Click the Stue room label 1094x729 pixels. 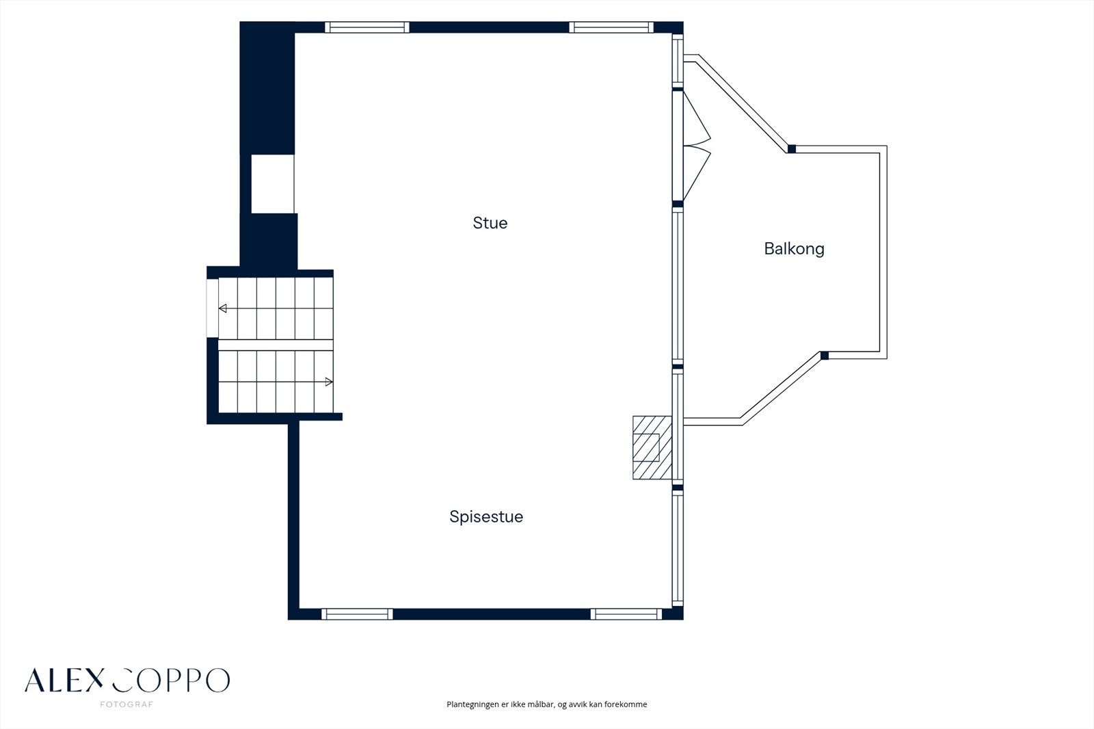tap(490, 223)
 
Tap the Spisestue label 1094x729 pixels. tap(486, 517)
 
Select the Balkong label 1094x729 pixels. tap(794, 249)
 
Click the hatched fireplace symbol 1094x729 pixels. tap(652, 447)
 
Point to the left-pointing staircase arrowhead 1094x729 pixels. tap(222, 308)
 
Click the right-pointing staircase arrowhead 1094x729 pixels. tap(329, 382)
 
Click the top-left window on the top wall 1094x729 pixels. tap(367, 27)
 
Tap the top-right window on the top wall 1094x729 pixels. tap(611, 27)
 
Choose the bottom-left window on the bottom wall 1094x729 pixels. tap(357, 614)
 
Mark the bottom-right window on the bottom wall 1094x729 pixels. tap(626, 614)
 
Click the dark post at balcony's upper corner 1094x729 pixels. tap(792, 149)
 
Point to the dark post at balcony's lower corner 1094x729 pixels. tap(825, 356)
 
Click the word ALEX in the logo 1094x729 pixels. tap(64, 680)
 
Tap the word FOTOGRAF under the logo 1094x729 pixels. tap(126, 704)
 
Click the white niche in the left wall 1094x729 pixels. tap(273, 184)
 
